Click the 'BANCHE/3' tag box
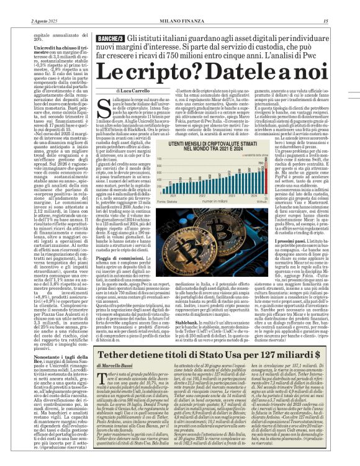[110, 38]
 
